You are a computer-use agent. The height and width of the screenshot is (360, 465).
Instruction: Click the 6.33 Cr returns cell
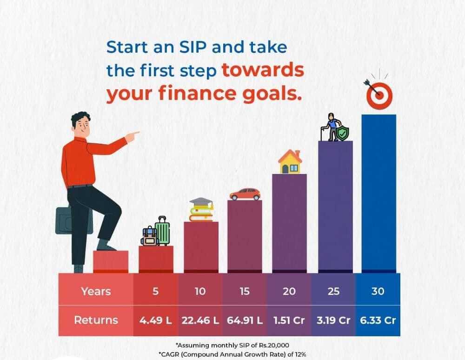click(378, 320)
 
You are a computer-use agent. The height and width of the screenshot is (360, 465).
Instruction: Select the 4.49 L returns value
click(155, 320)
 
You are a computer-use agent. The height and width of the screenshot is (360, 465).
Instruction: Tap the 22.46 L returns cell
click(200, 320)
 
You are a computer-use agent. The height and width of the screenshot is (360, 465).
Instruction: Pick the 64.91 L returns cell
click(245, 320)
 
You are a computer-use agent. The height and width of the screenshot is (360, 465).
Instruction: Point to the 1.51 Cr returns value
click(289, 320)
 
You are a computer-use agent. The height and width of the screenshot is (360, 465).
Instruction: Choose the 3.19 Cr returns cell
click(333, 320)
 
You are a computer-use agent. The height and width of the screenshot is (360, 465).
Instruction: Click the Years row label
click(96, 291)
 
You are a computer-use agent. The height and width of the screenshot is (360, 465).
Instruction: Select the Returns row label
click(96, 320)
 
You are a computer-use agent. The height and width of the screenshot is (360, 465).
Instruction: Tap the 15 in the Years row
click(245, 291)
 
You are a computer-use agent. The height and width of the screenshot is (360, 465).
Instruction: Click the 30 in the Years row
click(378, 291)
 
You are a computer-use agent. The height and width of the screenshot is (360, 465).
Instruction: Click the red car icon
click(245, 194)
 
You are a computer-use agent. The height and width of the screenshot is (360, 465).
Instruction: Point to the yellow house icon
click(290, 161)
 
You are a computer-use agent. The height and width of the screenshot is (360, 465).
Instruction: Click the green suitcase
click(162, 231)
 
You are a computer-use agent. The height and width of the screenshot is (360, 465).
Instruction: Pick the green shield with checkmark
click(343, 133)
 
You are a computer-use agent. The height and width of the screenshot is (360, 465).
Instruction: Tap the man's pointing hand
click(132, 136)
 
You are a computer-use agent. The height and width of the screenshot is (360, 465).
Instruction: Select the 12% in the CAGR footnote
click(300, 354)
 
